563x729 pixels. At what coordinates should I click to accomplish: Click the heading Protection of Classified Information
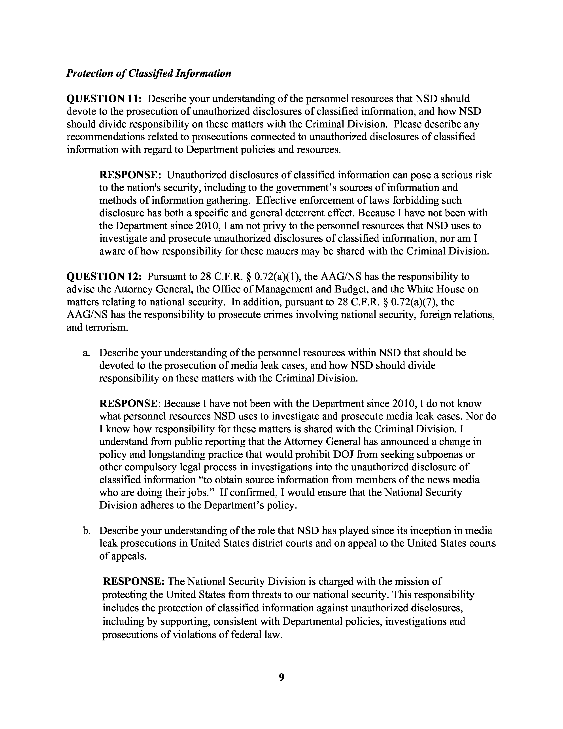[x=149, y=73]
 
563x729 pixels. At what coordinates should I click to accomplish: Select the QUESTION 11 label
[x=104, y=99]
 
